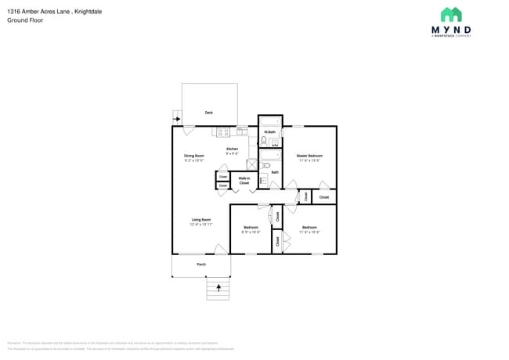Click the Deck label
click(x=209, y=113)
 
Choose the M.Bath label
click(x=269, y=131)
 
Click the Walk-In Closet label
click(x=244, y=181)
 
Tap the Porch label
click(x=201, y=264)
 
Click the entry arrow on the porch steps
click(x=217, y=289)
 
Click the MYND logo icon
click(x=450, y=15)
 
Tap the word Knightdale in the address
click(x=85, y=12)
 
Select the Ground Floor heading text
click(x=25, y=20)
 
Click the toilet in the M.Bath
click(x=265, y=141)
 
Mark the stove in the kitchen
click(x=223, y=131)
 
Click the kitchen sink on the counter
click(x=242, y=131)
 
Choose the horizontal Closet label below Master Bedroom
click(x=323, y=197)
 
